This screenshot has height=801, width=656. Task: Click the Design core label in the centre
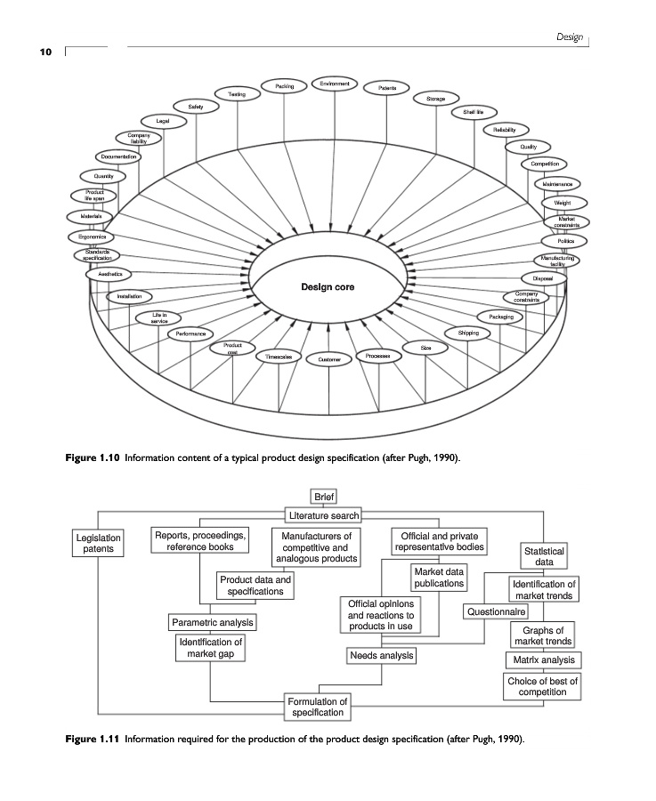[x=328, y=287]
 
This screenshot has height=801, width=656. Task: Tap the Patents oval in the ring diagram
[x=387, y=88]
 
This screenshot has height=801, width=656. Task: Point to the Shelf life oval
[x=474, y=112]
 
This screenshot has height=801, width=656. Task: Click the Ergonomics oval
[x=87, y=237]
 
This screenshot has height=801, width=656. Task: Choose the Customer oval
[x=328, y=360]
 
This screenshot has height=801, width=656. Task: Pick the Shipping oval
[x=468, y=333]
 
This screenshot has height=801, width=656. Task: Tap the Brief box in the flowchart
[x=322, y=497]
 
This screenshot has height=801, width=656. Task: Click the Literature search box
[x=322, y=515]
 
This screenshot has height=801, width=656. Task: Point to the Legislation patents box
[x=98, y=544]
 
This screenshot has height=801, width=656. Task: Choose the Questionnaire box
[x=496, y=612]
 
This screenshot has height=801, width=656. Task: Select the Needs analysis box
[x=382, y=656]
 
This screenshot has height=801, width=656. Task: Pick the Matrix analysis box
[x=544, y=660]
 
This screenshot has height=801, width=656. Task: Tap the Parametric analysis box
[x=212, y=621]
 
